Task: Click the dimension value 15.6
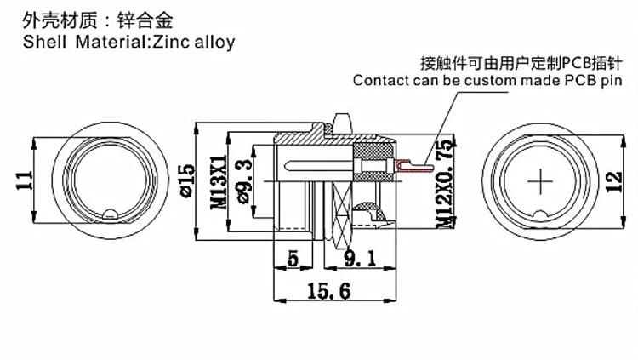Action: (x=328, y=290)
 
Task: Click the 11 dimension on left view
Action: (x=24, y=180)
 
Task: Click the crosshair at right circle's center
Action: (x=542, y=180)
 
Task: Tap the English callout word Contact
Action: (x=382, y=81)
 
